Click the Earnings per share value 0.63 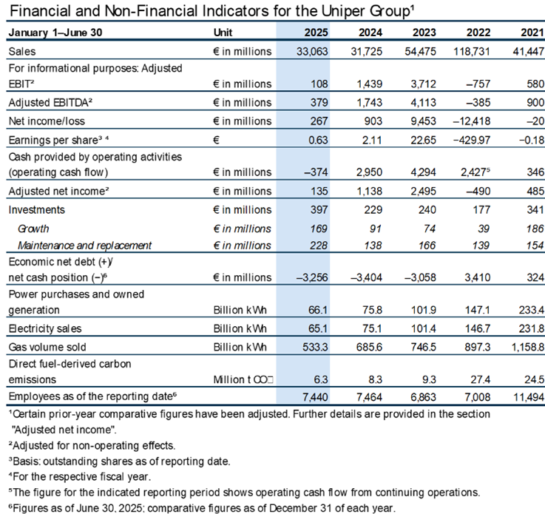318,138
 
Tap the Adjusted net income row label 53,191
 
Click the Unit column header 223,33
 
